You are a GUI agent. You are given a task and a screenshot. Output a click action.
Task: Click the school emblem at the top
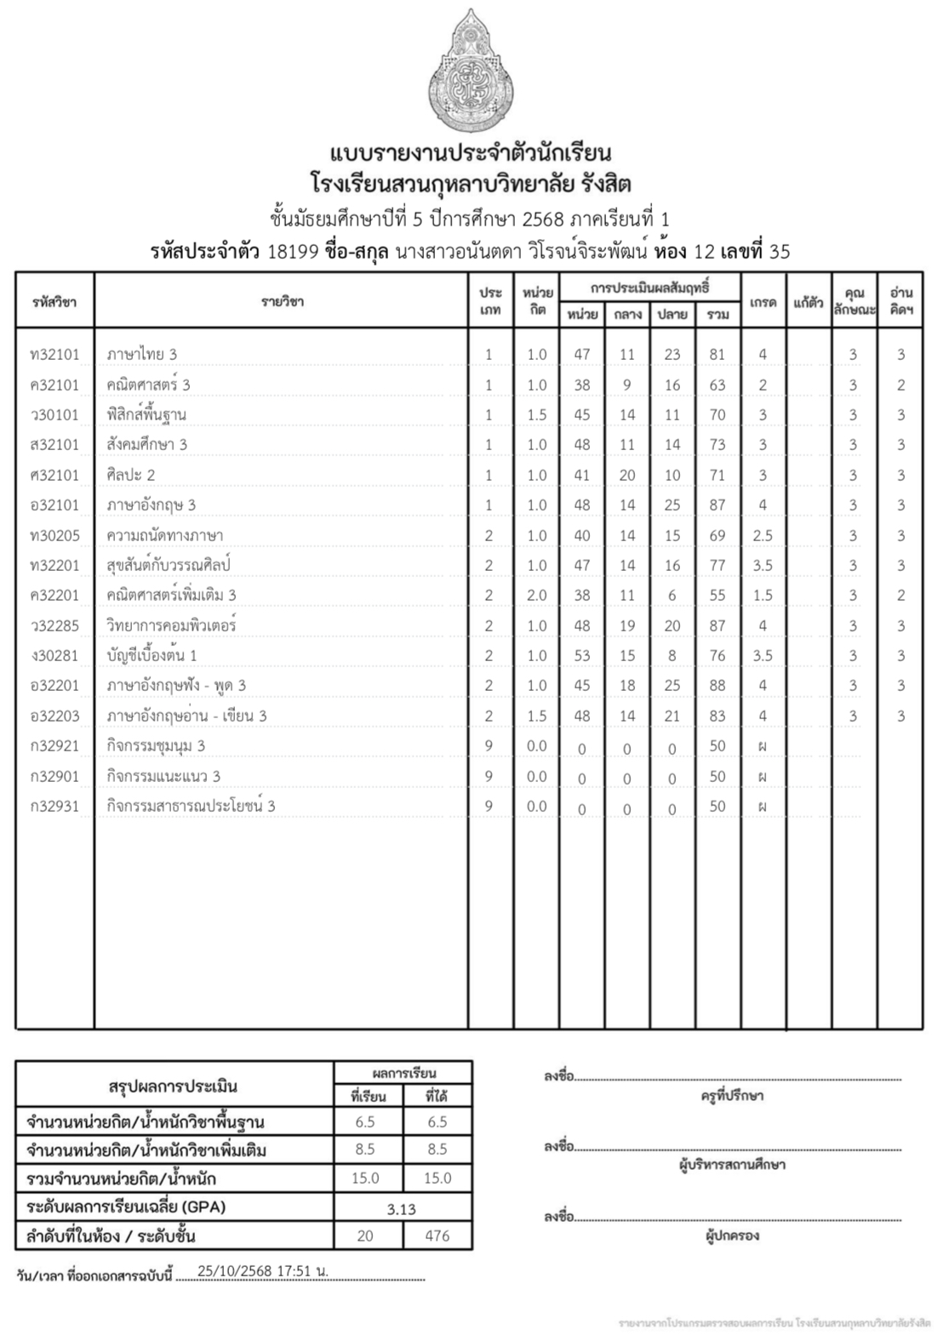[471, 75]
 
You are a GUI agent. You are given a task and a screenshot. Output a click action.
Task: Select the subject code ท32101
[54, 354]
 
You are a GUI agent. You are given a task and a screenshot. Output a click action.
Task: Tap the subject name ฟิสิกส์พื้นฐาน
[146, 414]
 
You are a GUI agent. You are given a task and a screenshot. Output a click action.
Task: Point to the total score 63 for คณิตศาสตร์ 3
[717, 385]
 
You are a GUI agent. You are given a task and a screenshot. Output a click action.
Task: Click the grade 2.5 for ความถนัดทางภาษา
[763, 535]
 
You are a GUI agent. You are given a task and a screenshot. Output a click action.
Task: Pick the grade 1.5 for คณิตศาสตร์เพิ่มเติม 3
[763, 596]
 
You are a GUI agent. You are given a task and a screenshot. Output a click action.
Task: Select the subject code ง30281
[54, 655]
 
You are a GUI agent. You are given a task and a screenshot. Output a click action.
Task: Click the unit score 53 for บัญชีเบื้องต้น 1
[581, 655]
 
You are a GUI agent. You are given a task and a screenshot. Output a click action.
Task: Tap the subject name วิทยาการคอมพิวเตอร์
[171, 625]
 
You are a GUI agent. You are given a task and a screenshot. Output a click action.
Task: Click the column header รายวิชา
[282, 301]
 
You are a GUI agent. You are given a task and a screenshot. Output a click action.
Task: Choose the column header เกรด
[763, 301]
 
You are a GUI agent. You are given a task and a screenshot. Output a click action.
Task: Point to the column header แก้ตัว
[808, 301]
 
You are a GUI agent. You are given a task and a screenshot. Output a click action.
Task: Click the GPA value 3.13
[401, 1208]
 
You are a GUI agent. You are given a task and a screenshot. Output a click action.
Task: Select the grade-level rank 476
[437, 1235]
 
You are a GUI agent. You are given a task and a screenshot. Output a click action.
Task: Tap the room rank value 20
[365, 1235]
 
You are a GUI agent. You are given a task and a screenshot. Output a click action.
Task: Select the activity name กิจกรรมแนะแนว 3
[163, 776]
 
